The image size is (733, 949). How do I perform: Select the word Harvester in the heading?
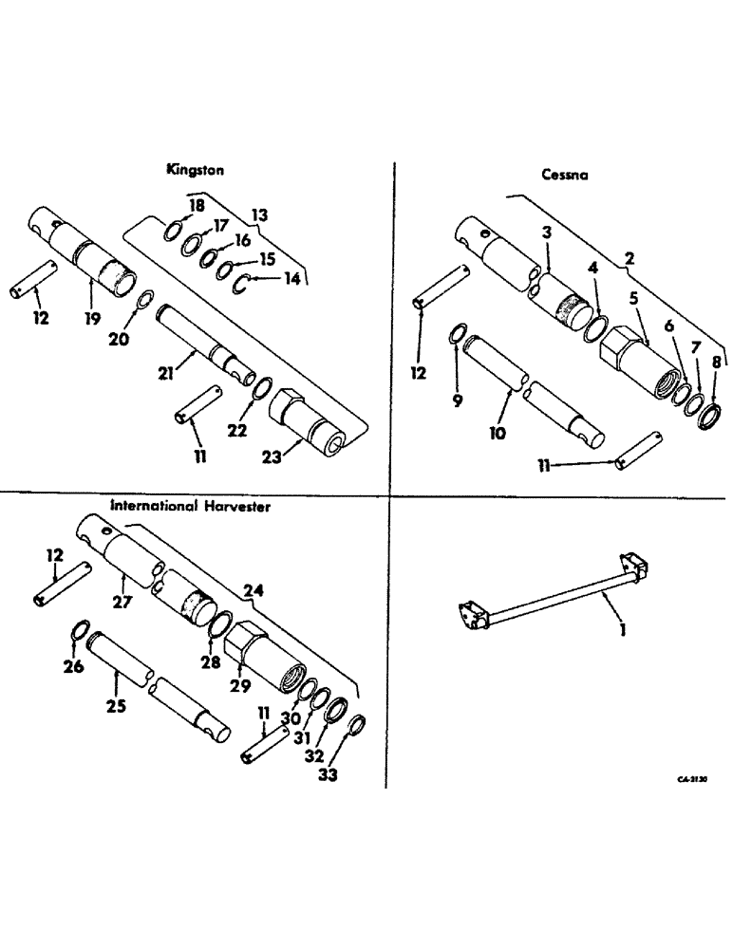tap(235, 507)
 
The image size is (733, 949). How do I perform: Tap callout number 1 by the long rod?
tap(623, 628)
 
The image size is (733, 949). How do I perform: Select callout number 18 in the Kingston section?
tap(197, 206)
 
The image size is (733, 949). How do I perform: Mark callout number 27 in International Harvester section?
tap(121, 601)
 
